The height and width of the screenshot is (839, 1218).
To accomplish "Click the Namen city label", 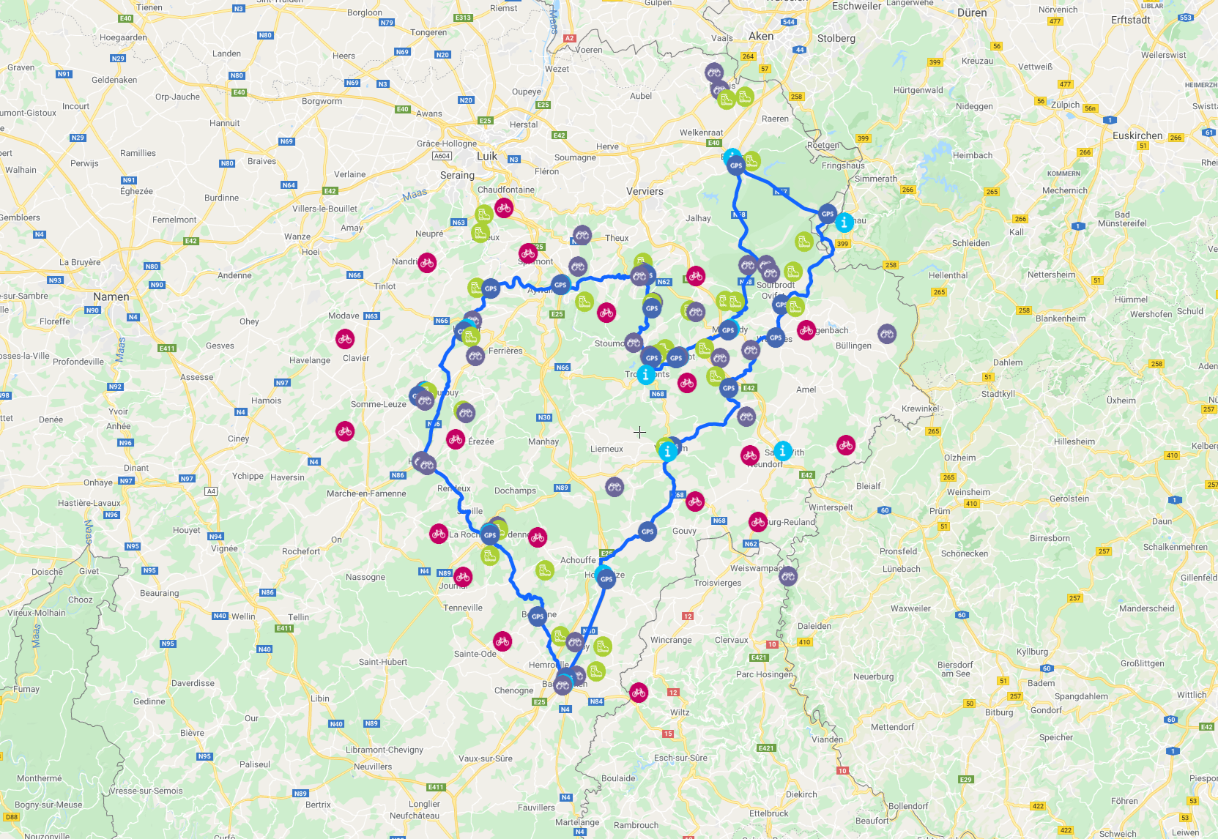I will point(111,297).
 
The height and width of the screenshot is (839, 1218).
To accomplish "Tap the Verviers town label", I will point(645,191).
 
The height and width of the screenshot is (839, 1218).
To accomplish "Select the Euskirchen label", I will point(1137,135).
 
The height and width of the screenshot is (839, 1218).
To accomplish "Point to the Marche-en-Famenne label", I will point(366,493).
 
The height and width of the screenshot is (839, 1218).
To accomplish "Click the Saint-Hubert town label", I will point(383,662).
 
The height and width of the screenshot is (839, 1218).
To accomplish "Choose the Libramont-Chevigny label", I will point(385,750).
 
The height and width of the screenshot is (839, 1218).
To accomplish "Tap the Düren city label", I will point(972,12).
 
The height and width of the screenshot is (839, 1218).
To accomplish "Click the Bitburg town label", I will point(999,712).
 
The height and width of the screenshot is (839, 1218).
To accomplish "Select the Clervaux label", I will point(732,640).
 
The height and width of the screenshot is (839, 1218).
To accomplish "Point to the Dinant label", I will point(136,468).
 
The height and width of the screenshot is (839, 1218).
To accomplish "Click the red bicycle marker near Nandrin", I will point(427,263).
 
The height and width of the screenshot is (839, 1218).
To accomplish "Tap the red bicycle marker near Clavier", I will point(345,339).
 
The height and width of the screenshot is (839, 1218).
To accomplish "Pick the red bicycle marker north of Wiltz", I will point(639,693).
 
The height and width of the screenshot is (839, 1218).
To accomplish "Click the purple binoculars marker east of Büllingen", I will point(887,335).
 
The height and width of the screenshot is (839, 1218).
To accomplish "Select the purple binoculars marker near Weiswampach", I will point(788,577).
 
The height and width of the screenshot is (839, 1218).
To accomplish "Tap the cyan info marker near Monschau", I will point(844,222).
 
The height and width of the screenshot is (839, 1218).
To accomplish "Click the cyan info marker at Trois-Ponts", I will point(645,375).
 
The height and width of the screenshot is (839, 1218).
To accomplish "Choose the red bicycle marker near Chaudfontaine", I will point(504,208).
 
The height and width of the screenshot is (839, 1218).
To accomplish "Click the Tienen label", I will point(149,7).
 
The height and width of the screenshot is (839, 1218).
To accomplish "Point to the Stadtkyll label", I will point(998,394).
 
